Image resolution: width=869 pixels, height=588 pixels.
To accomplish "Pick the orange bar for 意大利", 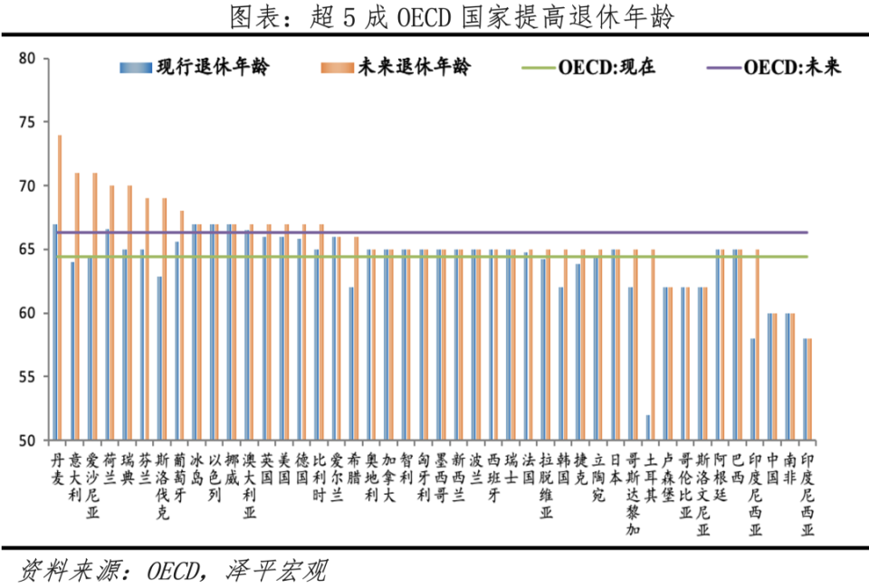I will (x=77, y=307).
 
